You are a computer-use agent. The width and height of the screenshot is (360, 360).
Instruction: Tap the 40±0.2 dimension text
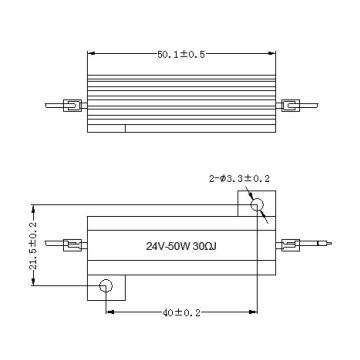(180, 312)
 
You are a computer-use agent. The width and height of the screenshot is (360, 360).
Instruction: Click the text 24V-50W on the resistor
(167, 245)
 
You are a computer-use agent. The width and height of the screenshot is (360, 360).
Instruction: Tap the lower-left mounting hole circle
(105, 288)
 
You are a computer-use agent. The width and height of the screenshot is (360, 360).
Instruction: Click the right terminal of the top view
(290, 104)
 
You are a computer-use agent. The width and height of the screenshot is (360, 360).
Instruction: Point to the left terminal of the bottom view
(72, 244)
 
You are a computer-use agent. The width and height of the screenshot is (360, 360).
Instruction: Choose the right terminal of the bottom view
(290, 244)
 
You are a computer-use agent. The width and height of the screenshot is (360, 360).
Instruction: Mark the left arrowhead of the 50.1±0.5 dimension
(93, 56)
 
